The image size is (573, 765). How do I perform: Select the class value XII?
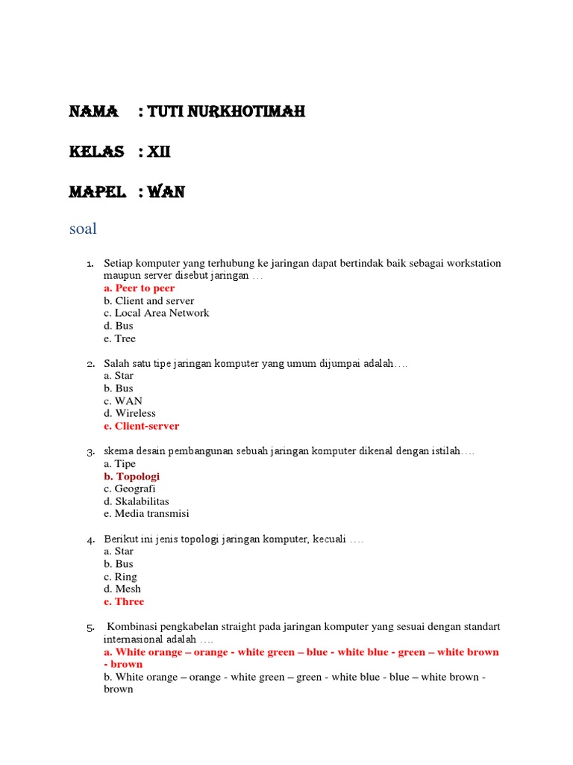(x=159, y=152)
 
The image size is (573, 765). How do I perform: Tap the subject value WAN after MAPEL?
(x=166, y=193)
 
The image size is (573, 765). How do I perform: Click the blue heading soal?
(x=83, y=229)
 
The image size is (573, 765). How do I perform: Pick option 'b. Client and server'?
(x=148, y=301)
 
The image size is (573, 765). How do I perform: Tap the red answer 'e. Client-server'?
(x=142, y=427)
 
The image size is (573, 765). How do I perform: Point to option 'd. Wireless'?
(x=130, y=414)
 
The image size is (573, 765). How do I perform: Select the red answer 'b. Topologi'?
(x=131, y=477)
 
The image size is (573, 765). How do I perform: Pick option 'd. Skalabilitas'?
(x=137, y=501)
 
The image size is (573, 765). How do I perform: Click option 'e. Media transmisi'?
(x=146, y=514)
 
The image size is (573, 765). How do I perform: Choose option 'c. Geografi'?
(x=130, y=489)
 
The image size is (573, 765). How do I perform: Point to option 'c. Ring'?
(x=120, y=577)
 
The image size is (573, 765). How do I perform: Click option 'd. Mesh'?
(x=122, y=589)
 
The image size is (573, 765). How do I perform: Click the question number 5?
(x=90, y=628)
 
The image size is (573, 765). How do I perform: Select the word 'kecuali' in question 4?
(x=328, y=539)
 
